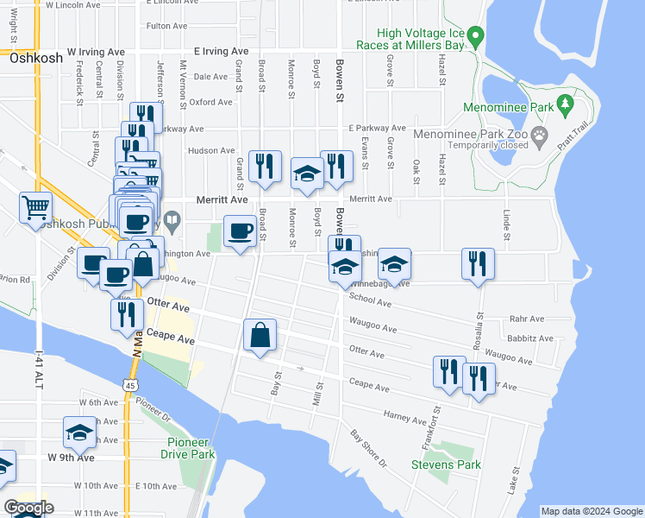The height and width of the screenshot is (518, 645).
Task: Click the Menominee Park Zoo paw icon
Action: pyautogui.click(x=540, y=134)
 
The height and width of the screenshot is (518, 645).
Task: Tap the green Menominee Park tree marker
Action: pyautogui.click(x=566, y=105)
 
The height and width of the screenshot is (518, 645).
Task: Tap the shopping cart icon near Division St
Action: pyautogui.click(x=35, y=208)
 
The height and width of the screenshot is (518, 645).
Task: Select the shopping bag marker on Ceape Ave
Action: pyautogui.click(x=260, y=335)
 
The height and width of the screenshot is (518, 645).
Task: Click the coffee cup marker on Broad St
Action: pyautogui.click(x=240, y=231)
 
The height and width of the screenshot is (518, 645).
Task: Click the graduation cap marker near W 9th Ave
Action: pyautogui.click(x=79, y=433)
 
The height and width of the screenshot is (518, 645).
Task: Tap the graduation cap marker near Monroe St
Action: pyautogui.click(x=307, y=174)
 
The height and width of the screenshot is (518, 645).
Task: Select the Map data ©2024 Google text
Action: pyautogui.click(x=591, y=511)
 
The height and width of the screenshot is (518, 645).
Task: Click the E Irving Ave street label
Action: pyautogui.click(x=226, y=52)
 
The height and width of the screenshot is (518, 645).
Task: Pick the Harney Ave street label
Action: pyautogui.click(x=404, y=418)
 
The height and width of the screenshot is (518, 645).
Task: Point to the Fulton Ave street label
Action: pyautogui.click(x=167, y=26)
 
